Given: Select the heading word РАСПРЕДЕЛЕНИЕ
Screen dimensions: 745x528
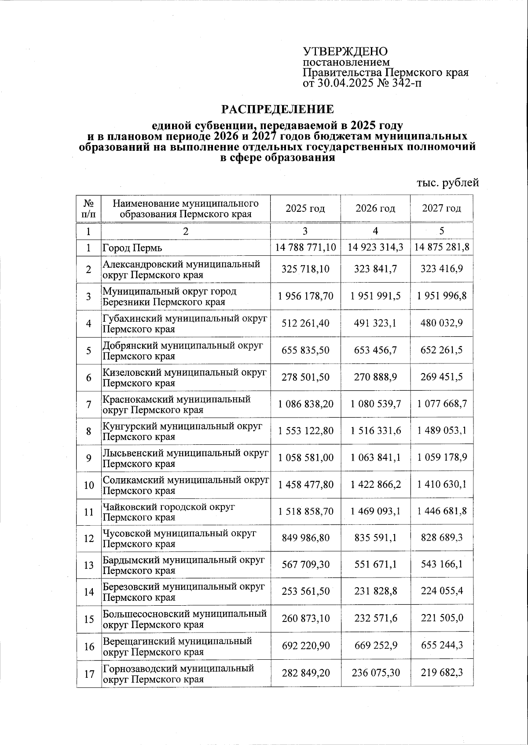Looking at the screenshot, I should point(277,109).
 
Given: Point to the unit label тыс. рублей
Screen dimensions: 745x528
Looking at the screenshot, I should point(447,182).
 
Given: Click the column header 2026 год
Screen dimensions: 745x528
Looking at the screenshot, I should point(375,208).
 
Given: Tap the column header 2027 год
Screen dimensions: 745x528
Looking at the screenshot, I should point(441,208).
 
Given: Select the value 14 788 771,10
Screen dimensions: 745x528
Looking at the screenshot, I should point(306,247).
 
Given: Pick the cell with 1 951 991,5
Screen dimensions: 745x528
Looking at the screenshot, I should point(375,296).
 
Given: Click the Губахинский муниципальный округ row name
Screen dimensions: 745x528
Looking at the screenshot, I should point(185,323).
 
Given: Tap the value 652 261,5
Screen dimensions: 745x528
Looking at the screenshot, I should point(441,350).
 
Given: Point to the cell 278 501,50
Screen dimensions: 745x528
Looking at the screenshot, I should point(306,377).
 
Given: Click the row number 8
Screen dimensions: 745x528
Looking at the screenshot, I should point(88,431).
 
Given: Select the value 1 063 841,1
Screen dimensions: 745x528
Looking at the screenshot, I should point(375,458).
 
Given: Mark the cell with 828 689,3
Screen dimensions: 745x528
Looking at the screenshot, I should point(441,538).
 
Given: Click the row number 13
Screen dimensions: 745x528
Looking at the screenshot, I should point(88,565).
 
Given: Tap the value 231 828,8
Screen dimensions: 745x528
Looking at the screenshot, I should point(375,591).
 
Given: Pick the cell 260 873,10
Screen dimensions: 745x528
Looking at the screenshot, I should point(306,618).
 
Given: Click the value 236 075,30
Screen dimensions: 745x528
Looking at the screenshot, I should point(375,672).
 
